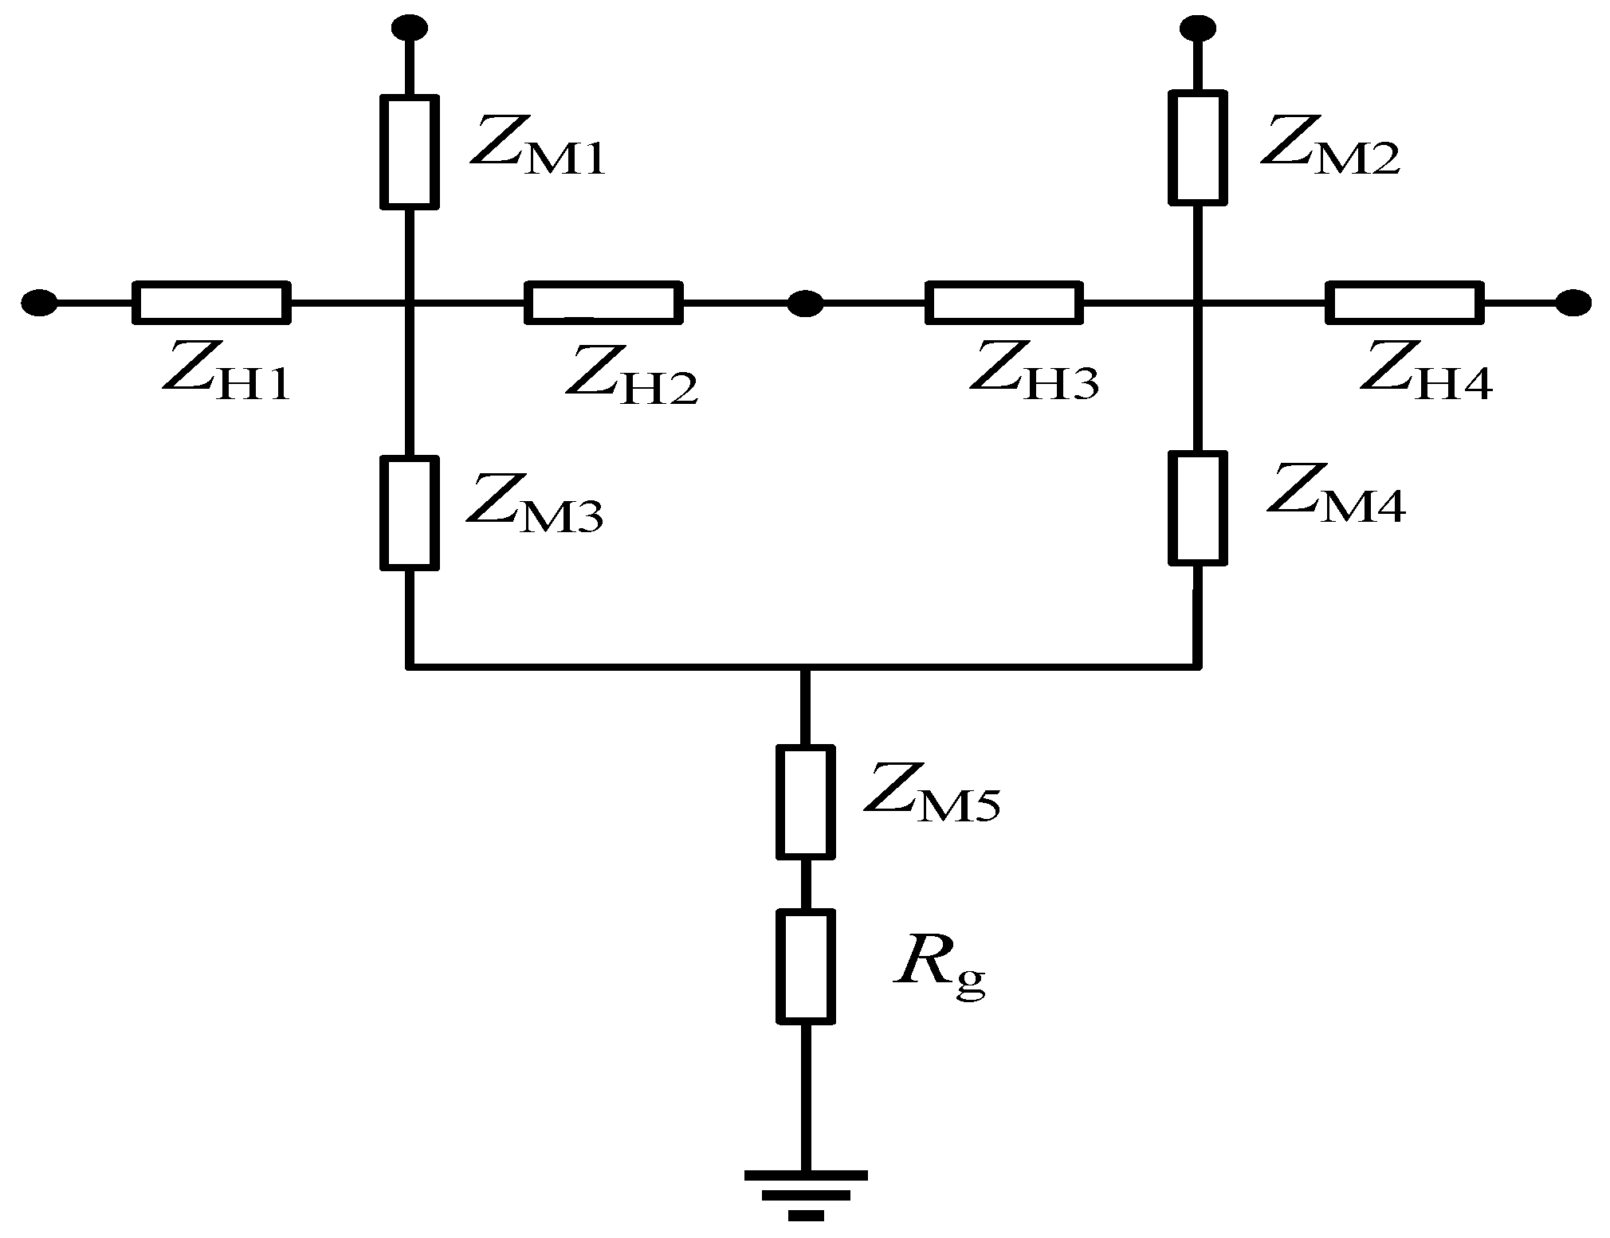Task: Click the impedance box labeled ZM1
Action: tap(410, 152)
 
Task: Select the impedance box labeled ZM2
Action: tap(1197, 147)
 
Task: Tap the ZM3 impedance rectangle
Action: tap(410, 513)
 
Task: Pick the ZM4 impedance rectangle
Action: tap(1197, 508)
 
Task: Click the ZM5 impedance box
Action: tap(806, 801)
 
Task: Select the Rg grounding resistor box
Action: tap(806, 966)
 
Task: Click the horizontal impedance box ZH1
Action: tap(210, 303)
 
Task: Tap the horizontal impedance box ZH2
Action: tap(603, 303)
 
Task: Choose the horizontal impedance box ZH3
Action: tap(1003, 303)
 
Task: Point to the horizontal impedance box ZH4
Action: tap(1404, 303)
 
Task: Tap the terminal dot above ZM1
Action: tap(410, 28)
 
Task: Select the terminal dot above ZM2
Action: tap(1198, 29)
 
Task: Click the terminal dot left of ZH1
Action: tap(38, 303)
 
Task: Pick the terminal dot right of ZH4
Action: tap(1574, 303)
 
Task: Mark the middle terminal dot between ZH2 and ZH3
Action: tap(805, 303)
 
